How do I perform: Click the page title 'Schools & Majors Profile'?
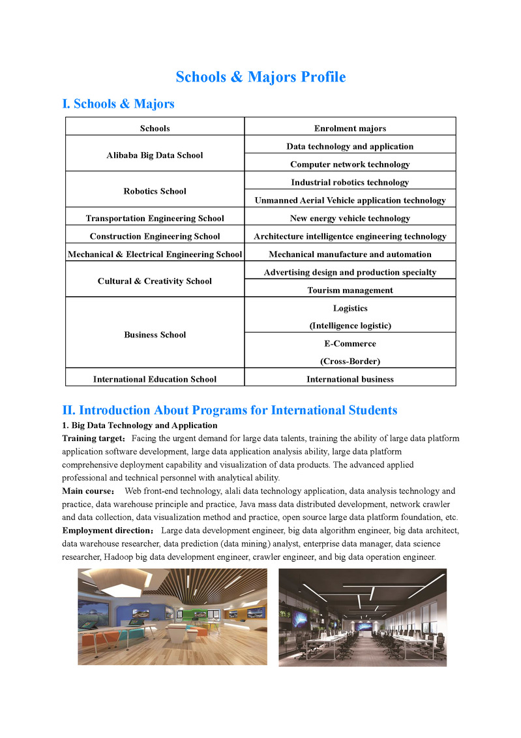point(260,77)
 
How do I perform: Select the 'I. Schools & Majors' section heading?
point(118,104)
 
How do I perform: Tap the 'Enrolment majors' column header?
point(350,129)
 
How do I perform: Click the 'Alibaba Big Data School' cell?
point(155,155)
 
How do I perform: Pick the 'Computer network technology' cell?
point(350,164)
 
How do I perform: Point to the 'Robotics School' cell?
point(155,191)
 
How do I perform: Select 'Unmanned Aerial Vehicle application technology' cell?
point(350,200)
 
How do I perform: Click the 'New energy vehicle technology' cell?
point(350,219)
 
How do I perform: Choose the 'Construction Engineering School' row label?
point(155,236)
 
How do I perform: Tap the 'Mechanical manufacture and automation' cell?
point(350,254)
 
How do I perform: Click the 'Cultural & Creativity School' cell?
point(155,281)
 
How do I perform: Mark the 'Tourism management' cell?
point(350,290)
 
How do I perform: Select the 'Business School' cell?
point(155,335)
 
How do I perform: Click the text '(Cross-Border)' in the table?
point(350,361)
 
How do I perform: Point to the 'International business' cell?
point(350,378)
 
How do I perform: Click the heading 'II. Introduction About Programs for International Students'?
point(230,410)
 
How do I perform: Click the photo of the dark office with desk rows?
point(363,617)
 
